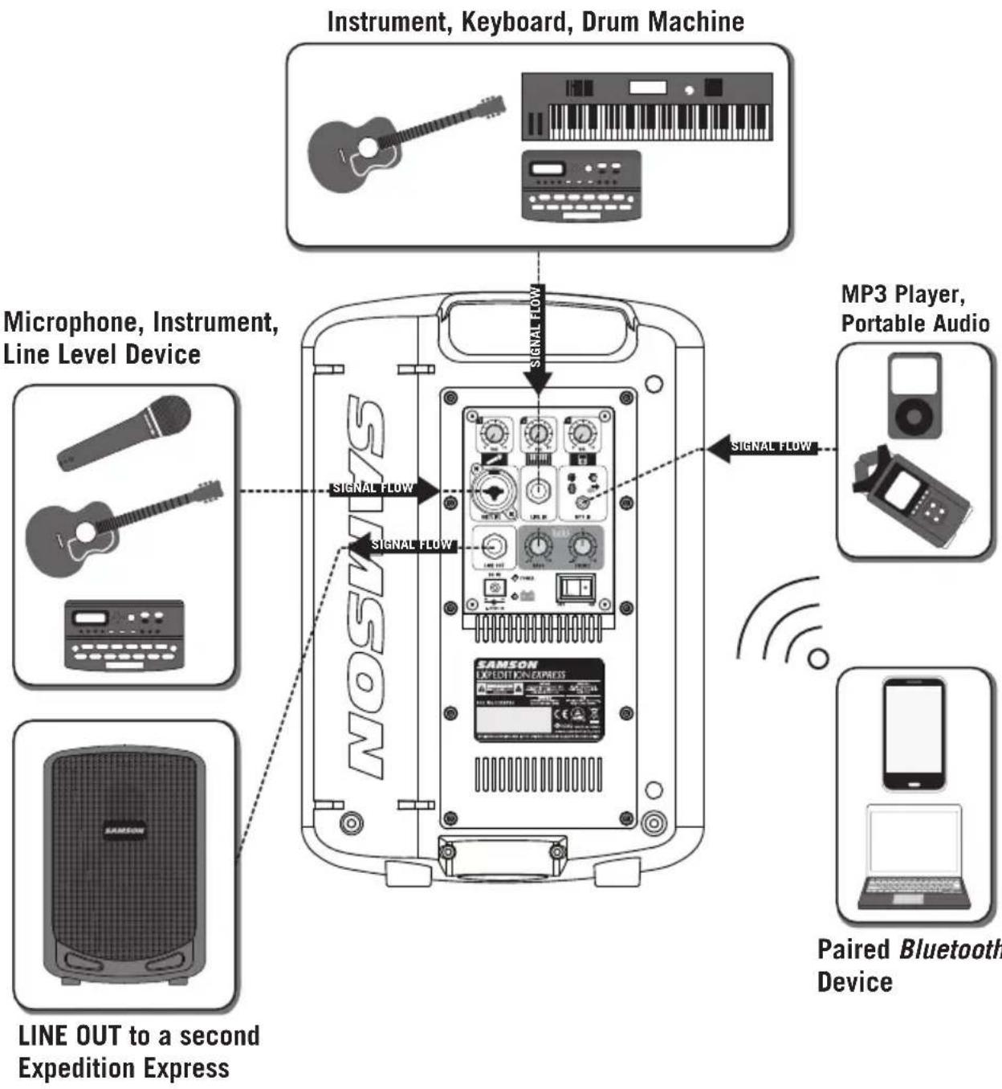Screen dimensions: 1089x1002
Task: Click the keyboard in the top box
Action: [x=647, y=108]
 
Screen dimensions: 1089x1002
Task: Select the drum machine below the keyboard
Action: [x=582, y=186]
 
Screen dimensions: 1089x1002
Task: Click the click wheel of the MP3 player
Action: [x=914, y=417]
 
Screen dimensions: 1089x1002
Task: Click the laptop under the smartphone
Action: [x=914, y=858]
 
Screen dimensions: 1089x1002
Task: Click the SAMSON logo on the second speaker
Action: [x=124, y=830]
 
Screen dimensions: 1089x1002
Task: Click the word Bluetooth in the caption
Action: [x=951, y=949]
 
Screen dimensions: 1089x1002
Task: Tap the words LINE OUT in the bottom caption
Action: [x=69, y=1036]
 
